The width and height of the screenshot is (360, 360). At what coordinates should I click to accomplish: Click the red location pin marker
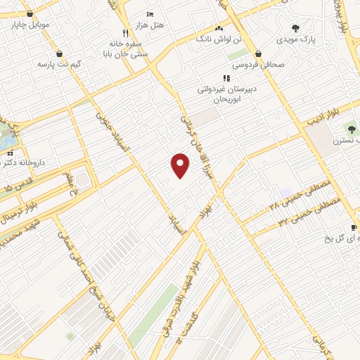181,165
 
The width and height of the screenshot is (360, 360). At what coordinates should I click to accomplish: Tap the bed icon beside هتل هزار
149,14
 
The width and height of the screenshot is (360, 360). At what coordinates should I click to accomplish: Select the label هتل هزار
148,25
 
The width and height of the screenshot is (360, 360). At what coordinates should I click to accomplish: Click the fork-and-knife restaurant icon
126,32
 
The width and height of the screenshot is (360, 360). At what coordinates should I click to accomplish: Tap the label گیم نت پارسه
60,64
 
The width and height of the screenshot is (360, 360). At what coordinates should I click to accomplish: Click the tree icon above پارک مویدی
296,28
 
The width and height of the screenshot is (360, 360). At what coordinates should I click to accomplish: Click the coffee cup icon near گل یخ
354,227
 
